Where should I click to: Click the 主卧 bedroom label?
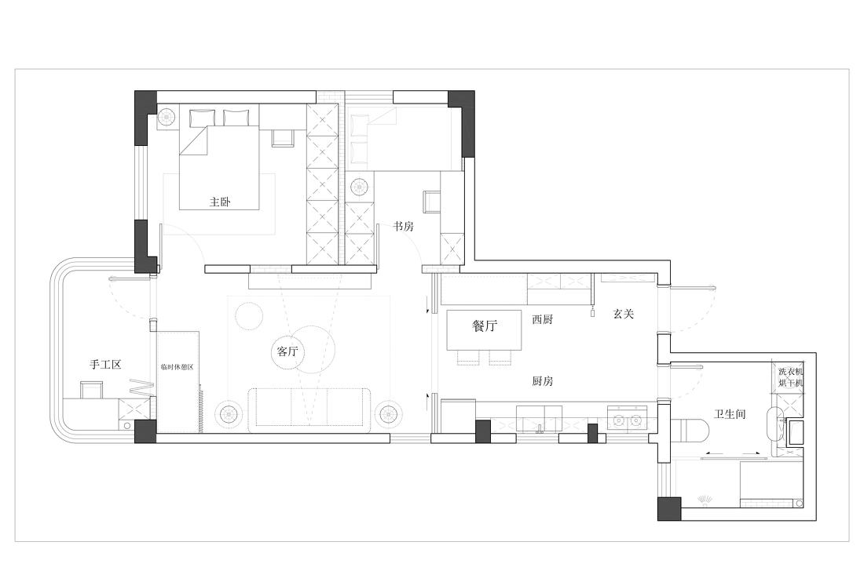click(x=220, y=202)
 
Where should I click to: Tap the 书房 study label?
click(x=404, y=226)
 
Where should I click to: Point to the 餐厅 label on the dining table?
click(x=485, y=327)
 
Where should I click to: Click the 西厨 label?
click(x=543, y=320)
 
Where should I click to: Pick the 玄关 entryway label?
click(x=623, y=314)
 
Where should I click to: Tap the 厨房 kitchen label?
click(x=543, y=381)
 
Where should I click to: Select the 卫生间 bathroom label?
click(x=729, y=413)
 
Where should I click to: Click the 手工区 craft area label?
click(x=105, y=365)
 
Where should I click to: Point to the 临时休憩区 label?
click(x=177, y=366)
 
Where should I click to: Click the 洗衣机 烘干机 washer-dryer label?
click(x=791, y=377)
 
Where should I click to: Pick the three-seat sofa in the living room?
click(x=310, y=409)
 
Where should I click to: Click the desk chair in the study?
click(x=432, y=202)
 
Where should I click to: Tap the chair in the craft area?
click(x=92, y=390)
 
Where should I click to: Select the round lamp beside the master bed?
click(x=167, y=118)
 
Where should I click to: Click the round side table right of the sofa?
click(x=388, y=413)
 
